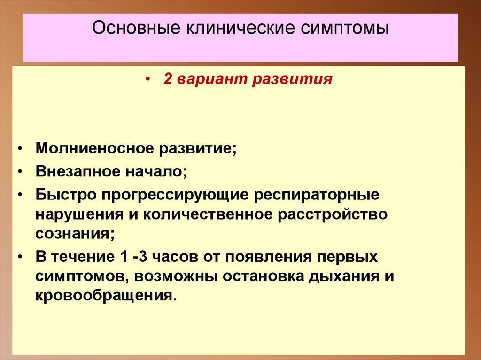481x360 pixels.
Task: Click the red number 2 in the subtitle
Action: coord(167,79)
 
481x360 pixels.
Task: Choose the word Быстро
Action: coord(63,194)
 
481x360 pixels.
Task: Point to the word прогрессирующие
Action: coord(174,194)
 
